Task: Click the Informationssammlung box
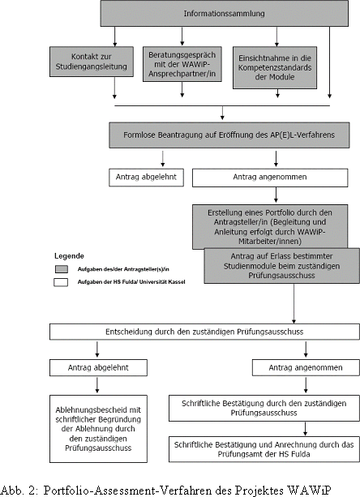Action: coord(225,13)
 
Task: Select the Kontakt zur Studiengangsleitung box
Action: coord(92,62)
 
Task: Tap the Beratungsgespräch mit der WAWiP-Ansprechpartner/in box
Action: coord(182,64)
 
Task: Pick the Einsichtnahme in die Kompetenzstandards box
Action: coord(275,67)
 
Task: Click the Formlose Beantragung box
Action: coord(229,135)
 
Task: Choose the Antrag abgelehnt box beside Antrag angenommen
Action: coord(146,178)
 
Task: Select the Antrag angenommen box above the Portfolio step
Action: coord(270,178)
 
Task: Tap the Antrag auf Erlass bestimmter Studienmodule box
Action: coord(281,266)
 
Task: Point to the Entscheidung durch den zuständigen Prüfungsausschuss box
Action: coord(204,332)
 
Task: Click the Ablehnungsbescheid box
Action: coord(98,429)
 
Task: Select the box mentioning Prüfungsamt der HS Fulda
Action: coord(264,449)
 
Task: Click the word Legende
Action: coord(69,255)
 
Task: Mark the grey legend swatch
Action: coord(61,269)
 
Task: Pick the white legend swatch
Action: coord(61,282)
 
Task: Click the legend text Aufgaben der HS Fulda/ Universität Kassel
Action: coord(131,282)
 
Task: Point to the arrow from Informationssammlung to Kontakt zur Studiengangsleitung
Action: coord(114,36)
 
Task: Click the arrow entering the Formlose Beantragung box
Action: coord(222,113)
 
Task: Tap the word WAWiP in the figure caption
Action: coord(310,490)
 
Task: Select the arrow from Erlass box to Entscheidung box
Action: coord(294,303)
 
